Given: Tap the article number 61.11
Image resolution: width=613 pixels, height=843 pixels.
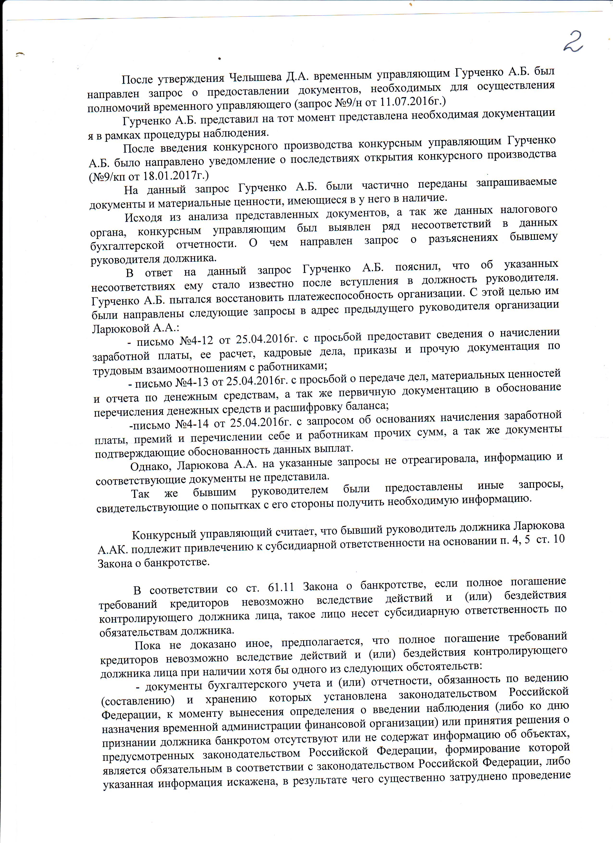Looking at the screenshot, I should (281, 588).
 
